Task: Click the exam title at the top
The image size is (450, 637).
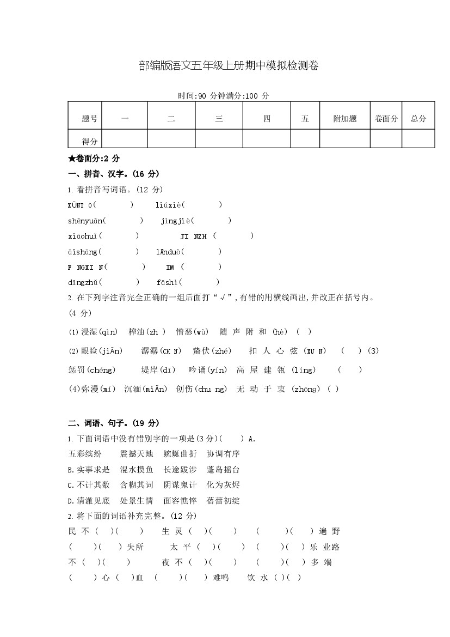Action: coord(228,66)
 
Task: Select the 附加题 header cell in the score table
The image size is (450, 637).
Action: coord(345,118)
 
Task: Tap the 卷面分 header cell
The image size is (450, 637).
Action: coord(386,118)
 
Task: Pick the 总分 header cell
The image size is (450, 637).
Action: coord(418,118)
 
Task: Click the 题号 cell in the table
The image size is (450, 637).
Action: coord(90,118)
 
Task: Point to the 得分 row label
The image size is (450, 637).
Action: coord(90,141)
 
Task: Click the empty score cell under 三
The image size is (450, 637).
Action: coord(219,139)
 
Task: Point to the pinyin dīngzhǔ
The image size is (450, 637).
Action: coord(83,282)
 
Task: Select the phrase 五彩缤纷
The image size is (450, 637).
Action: coord(85,453)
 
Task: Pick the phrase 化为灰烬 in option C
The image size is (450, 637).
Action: coord(223,484)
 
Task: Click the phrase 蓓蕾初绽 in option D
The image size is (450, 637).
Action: coord(223,500)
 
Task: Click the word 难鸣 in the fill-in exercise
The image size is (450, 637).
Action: coord(221,578)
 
